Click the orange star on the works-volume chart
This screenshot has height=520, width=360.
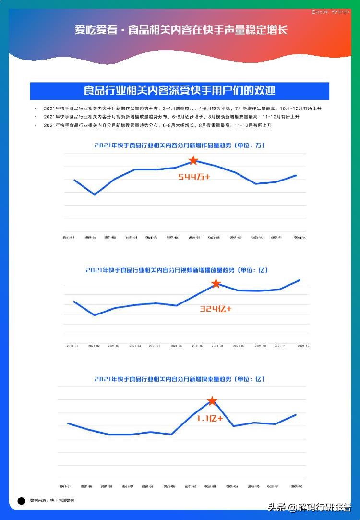(x=193, y=160)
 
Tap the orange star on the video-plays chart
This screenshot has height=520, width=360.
(x=216, y=284)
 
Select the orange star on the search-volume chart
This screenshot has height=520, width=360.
(x=212, y=401)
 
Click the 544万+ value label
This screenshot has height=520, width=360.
(x=194, y=177)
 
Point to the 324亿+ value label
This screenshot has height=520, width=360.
(x=216, y=309)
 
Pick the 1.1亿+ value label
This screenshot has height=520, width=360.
(x=209, y=418)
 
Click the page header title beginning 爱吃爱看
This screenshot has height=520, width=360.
(x=181, y=30)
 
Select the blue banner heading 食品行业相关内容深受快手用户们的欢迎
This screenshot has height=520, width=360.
(x=180, y=91)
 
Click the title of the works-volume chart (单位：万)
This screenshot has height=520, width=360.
(x=180, y=145)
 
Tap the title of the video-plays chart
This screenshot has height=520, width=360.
(x=177, y=270)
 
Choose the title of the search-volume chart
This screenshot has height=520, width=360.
(x=180, y=379)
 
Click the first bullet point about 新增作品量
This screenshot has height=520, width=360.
(x=182, y=109)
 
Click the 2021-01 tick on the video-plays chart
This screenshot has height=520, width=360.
(x=73, y=346)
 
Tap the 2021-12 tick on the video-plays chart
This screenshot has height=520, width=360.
(x=303, y=346)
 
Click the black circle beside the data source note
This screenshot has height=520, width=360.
(x=22, y=501)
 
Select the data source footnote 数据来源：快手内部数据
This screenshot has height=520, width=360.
(x=52, y=500)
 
